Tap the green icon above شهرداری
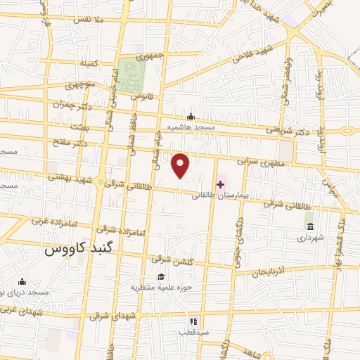(x=310, y=225)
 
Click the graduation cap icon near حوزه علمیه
(x=161, y=276)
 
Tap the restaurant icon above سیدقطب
(x=193, y=321)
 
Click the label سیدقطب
(x=191, y=331)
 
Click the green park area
(x=129, y=75)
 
